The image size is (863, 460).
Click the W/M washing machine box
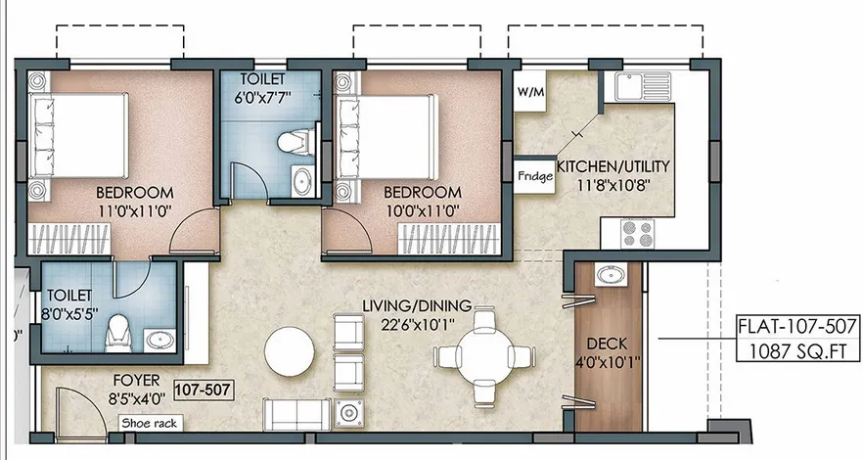point(529,91)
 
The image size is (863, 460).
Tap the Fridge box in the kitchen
point(534,176)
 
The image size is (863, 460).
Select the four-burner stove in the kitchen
point(637,233)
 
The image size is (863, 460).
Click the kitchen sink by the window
point(643,86)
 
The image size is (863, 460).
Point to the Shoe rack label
point(150,423)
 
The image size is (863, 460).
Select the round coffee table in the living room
point(290,351)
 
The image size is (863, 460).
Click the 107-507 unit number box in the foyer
point(204,391)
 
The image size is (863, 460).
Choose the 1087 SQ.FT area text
point(797,351)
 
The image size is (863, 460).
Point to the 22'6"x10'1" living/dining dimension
point(419,325)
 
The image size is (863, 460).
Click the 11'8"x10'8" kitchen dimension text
point(614,185)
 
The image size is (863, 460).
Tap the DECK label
point(607,345)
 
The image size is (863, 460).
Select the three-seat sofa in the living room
point(297,414)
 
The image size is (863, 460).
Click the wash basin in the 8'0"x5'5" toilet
point(160,340)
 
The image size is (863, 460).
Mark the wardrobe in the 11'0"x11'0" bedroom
point(69,240)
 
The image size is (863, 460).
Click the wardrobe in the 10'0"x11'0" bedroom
point(448,240)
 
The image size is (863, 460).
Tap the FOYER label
point(137,380)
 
